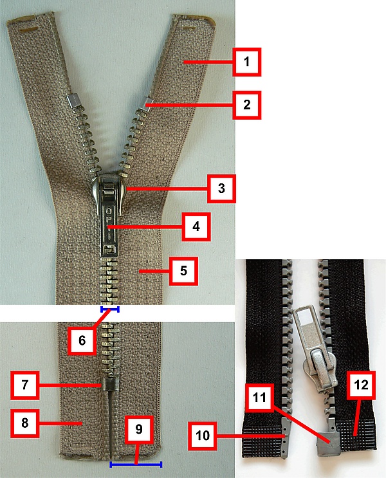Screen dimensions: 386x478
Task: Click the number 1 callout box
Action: coord(246,62)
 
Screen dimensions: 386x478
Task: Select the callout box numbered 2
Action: coord(246,105)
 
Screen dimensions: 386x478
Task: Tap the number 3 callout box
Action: coord(221,188)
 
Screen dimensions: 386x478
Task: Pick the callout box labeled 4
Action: coord(196,227)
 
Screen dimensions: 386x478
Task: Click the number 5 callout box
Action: coord(183,271)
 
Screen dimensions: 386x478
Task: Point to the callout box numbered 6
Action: coord(82,340)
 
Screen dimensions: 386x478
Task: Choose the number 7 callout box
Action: coord(24,385)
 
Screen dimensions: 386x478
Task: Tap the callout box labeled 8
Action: coord(24,423)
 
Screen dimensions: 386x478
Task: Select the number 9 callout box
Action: coord(139,429)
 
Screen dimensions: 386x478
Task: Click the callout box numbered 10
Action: coord(203,436)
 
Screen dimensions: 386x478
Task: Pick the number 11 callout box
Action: coord(259,398)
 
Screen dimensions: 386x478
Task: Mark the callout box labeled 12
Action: coord(361,385)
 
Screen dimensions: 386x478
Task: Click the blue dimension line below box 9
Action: coord(136,464)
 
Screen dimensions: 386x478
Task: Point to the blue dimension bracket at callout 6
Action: coord(110,309)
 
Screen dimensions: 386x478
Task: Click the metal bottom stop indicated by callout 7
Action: coord(109,385)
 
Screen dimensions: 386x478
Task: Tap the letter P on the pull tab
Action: coord(109,220)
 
